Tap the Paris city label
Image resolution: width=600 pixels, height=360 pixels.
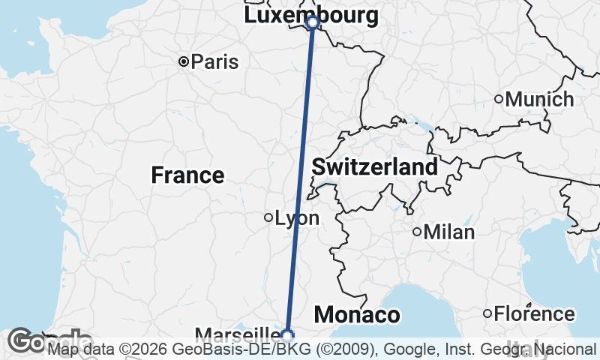[x=214, y=61]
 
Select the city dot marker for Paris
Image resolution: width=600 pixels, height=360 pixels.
[x=183, y=61]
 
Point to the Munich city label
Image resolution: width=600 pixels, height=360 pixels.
[x=539, y=99]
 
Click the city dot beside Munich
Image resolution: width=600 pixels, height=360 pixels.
[x=499, y=99]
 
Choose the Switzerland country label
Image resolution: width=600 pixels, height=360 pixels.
[x=374, y=166]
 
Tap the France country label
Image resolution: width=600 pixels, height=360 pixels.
[x=187, y=175]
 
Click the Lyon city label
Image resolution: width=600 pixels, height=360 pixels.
[x=297, y=218]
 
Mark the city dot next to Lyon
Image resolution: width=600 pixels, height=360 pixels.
[x=268, y=218]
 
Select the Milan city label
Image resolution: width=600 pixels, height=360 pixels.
[x=449, y=232]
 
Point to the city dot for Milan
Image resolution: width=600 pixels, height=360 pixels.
[x=417, y=232]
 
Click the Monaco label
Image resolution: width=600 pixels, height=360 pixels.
[x=356, y=315]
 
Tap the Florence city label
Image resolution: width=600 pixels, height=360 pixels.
[x=535, y=313]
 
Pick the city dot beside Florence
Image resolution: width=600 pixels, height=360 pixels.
[x=487, y=313]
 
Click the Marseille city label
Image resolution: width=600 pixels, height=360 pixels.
[x=237, y=334]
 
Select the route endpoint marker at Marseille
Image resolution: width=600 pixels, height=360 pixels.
[x=287, y=334]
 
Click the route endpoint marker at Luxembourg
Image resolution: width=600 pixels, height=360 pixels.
[x=313, y=23]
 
